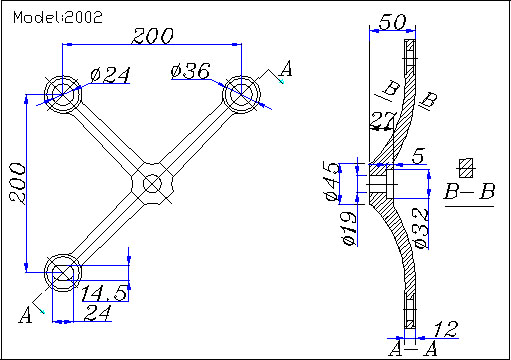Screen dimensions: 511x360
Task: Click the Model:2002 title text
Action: pyautogui.click(x=58, y=17)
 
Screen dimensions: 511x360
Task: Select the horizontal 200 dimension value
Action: pyautogui.click(x=153, y=36)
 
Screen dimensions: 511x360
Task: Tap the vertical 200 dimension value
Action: pyautogui.click(x=17, y=183)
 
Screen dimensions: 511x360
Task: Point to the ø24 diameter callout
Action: pyautogui.click(x=110, y=75)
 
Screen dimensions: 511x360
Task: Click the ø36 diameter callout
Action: pyautogui.click(x=191, y=71)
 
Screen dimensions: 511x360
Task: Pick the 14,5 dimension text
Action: pyautogui.click(x=104, y=293)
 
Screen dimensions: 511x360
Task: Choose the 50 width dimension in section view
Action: pyautogui.click(x=393, y=22)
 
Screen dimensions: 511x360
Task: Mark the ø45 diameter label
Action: pyautogui.click(x=332, y=182)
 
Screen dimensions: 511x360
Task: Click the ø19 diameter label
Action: pyautogui.click(x=349, y=228)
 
